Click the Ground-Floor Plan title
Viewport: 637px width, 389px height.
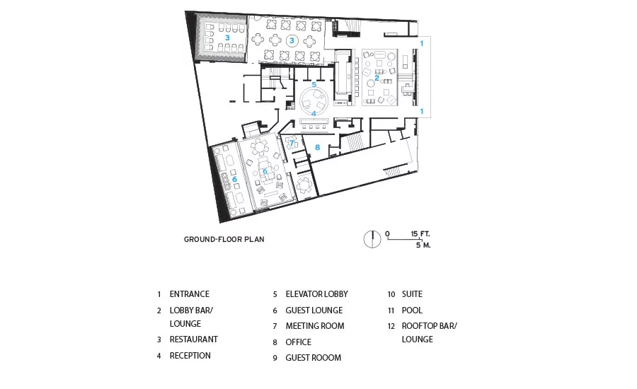pos(224,239)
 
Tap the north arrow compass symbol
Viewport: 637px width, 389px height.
pos(372,239)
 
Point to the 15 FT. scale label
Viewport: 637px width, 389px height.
pos(420,234)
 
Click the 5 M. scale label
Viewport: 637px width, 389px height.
pos(423,245)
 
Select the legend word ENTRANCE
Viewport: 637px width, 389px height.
pos(189,294)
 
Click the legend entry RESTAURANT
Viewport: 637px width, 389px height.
pos(193,339)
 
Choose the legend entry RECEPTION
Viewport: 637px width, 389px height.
pos(190,355)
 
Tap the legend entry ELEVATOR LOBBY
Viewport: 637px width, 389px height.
pos(316,294)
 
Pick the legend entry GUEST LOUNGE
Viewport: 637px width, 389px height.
pos(314,310)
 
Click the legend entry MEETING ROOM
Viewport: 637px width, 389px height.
pos(315,325)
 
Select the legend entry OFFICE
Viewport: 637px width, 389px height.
pos(298,342)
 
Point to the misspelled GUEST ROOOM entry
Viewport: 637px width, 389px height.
pos(314,358)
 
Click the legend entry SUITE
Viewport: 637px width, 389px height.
pos(412,294)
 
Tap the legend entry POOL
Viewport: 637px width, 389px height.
pos(412,310)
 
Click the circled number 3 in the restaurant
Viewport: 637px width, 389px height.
pos(292,40)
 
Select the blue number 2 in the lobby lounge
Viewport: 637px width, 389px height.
pos(377,78)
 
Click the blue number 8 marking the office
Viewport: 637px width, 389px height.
pos(317,147)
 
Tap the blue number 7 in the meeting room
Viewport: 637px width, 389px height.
pos(292,143)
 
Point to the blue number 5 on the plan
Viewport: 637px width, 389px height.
pos(314,84)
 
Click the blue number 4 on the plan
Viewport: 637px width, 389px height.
pos(314,113)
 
